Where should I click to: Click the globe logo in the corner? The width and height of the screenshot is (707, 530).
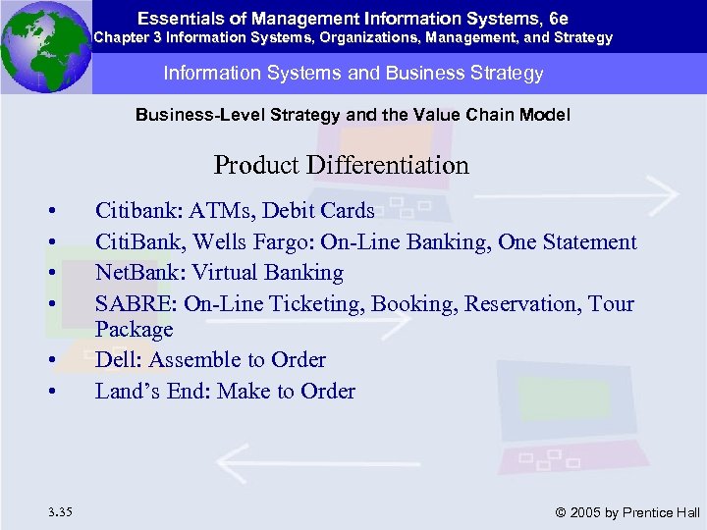45,46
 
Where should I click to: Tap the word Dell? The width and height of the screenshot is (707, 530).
115,360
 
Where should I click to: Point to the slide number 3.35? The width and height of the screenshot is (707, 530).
57,510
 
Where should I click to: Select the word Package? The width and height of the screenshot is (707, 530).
134,329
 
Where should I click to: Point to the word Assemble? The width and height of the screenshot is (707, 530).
191,360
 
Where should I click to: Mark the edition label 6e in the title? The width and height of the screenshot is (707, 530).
559,18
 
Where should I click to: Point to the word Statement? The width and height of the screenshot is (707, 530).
586,241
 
